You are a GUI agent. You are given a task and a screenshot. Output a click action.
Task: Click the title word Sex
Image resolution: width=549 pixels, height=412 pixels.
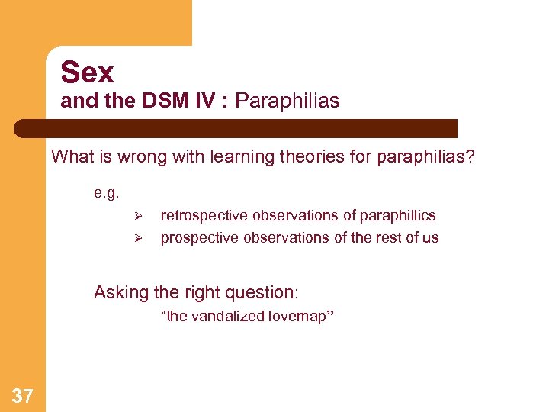point(87,72)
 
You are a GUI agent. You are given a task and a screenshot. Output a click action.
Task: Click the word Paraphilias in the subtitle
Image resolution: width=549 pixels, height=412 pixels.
point(287,101)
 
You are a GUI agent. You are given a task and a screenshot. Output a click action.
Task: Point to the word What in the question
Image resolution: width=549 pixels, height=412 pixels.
point(71,157)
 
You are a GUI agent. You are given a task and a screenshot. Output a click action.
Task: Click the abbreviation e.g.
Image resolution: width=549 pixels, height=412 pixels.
point(107,193)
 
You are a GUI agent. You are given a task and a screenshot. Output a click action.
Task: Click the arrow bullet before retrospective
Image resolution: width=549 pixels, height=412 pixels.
point(138,216)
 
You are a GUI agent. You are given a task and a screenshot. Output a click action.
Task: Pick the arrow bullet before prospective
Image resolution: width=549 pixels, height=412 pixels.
point(138,237)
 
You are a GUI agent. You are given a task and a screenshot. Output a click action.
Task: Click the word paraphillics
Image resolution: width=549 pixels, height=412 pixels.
point(397,216)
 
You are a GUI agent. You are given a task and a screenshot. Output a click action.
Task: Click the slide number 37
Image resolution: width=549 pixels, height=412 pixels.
point(23,394)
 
